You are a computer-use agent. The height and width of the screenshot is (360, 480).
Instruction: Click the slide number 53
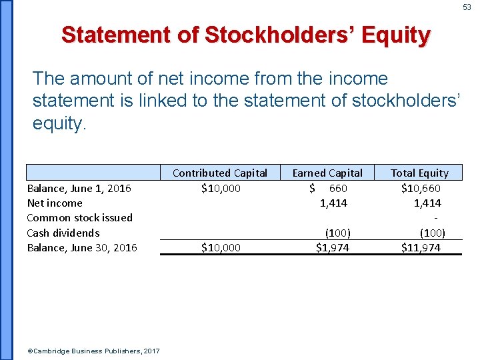click(x=467, y=7)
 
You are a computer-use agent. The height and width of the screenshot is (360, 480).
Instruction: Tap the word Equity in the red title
click(x=396, y=35)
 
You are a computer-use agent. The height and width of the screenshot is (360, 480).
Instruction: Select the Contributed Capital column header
click(x=219, y=173)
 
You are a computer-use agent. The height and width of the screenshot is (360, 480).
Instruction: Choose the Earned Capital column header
click(x=327, y=173)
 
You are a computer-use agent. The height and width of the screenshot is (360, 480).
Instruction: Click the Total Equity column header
click(x=419, y=173)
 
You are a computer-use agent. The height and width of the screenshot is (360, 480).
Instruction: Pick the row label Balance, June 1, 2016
click(x=79, y=188)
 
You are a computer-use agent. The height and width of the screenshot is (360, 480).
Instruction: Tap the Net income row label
click(x=55, y=203)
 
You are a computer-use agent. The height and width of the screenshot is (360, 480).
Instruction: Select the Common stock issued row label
click(x=79, y=217)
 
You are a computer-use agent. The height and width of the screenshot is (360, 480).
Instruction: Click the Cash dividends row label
click(x=63, y=233)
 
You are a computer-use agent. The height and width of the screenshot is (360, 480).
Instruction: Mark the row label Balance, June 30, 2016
click(x=82, y=247)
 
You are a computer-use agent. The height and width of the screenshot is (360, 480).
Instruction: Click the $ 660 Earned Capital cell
click(x=329, y=188)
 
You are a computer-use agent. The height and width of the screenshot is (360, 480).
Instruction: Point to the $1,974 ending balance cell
click(x=332, y=247)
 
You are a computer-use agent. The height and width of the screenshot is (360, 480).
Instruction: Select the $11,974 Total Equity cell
click(x=421, y=247)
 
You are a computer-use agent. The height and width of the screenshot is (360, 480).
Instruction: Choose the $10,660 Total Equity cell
click(x=421, y=188)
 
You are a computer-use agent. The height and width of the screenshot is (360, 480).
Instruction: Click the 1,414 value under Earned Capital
click(x=333, y=203)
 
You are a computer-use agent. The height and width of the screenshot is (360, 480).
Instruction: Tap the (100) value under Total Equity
click(x=432, y=233)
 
